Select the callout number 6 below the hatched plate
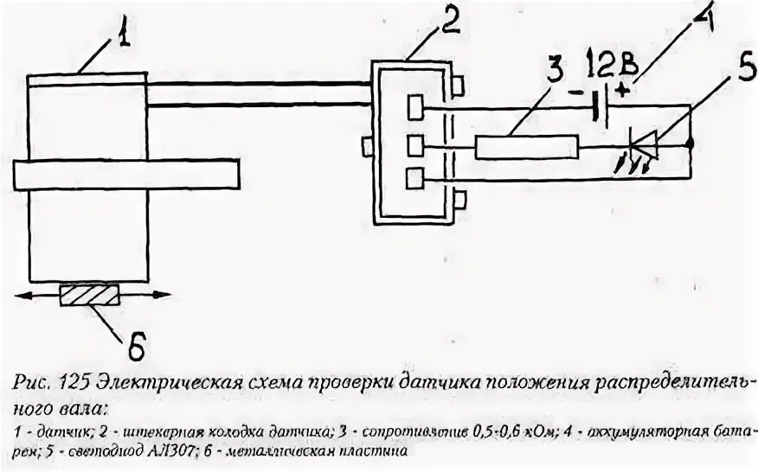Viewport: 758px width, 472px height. tap(138, 345)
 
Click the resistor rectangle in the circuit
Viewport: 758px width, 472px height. tap(526, 148)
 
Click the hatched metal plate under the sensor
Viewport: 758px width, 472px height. tap(89, 296)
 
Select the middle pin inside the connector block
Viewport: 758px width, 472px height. tap(415, 144)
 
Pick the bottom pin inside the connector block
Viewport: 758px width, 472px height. tap(415, 178)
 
